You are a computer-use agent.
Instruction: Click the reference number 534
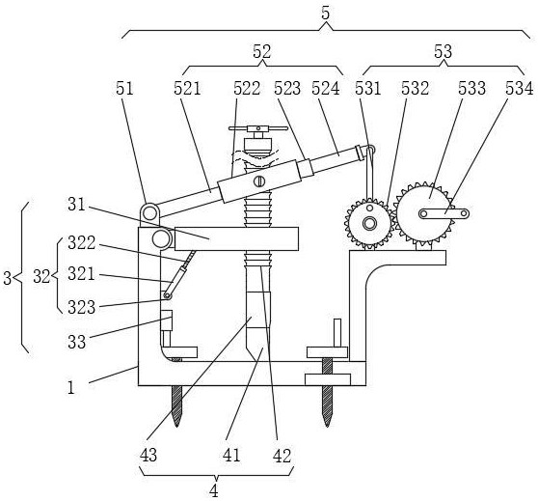click(x=519, y=88)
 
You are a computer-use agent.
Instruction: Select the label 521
click(x=187, y=88)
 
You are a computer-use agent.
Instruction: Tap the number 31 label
click(x=76, y=205)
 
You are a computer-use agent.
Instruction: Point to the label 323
click(x=81, y=307)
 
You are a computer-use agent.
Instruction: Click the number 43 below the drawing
click(x=148, y=456)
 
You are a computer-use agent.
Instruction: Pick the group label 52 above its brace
click(x=262, y=51)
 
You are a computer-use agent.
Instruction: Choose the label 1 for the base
click(x=71, y=388)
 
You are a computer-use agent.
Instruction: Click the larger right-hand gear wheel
click(x=425, y=213)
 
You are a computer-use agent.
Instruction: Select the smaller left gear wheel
click(x=369, y=224)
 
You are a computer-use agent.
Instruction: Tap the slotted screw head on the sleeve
click(x=259, y=181)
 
